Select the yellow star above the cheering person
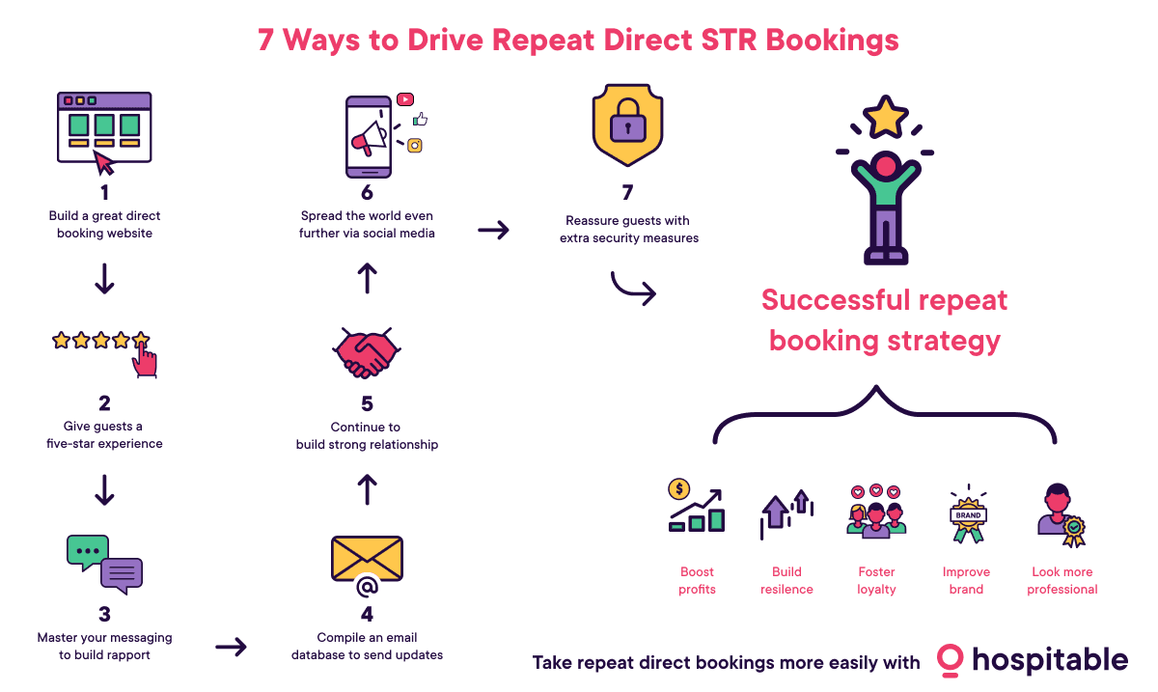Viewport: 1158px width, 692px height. coord(884,117)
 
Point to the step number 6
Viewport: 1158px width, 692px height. coord(367,192)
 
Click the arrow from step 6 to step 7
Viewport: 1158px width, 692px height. coord(494,231)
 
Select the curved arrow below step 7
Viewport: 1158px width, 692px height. coord(634,289)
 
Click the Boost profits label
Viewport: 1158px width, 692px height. coord(697,580)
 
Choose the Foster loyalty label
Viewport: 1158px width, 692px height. coord(876,580)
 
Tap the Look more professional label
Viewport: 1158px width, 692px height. coord(1061,580)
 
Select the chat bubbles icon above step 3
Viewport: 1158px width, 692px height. coord(104,564)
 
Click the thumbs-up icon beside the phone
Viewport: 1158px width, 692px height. coord(420,120)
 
